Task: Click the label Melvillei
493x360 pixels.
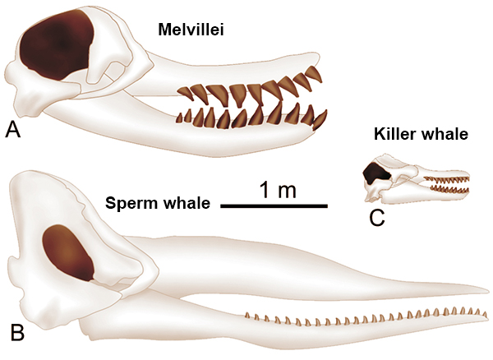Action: pyautogui.click(x=191, y=30)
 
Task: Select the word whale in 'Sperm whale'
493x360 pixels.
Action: pyautogui.click(x=190, y=203)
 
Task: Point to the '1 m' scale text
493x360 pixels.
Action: pyautogui.click(x=278, y=190)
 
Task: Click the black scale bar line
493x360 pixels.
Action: pyautogui.click(x=274, y=206)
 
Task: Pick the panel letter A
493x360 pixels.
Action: pyautogui.click(x=12, y=130)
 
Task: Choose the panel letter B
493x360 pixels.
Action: pyautogui.click(x=17, y=333)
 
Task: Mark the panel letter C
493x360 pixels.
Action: pyautogui.click(x=377, y=218)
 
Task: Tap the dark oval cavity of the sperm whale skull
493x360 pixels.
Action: pyautogui.click(x=68, y=252)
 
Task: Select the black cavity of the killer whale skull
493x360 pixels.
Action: pyautogui.click(x=376, y=173)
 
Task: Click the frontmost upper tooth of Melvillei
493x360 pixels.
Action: pyautogui.click(x=315, y=74)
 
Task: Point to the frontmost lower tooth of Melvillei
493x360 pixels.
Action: pyautogui.click(x=320, y=119)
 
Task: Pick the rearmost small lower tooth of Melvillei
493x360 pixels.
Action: pyautogui.click(x=179, y=118)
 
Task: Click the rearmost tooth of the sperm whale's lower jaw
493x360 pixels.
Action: pyautogui.click(x=248, y=316)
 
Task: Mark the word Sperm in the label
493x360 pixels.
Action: pyautogui.click(x=136, y=203)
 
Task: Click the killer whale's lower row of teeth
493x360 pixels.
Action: pyautogui.click(x=449, y=190)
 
